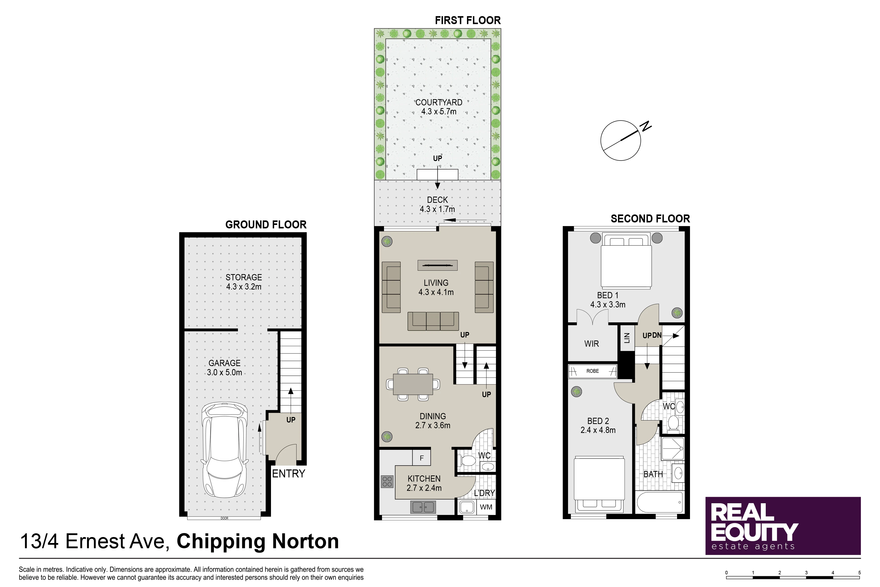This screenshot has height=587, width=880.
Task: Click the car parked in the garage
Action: coord(225,450)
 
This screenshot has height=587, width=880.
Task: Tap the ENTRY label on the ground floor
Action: coord(288,474)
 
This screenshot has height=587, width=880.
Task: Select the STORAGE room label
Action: coord(244,277)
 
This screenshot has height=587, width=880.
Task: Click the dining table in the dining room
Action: coord(413,384)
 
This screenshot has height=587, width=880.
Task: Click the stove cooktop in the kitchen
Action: coord(387,481)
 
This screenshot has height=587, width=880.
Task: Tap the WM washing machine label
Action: coord(486,507)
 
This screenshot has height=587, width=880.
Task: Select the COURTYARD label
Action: coord(439,102)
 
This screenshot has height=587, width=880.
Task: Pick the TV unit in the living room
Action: coord(437,265)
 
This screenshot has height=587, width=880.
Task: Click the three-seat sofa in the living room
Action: coord(433,321)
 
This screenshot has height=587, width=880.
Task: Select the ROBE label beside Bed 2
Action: coord(593,371)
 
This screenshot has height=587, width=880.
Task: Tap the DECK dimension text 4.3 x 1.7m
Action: coord(437,209)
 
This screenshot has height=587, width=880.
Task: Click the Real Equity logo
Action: coord(783,526)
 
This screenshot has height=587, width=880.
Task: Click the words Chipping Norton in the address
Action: coord(258,541)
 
